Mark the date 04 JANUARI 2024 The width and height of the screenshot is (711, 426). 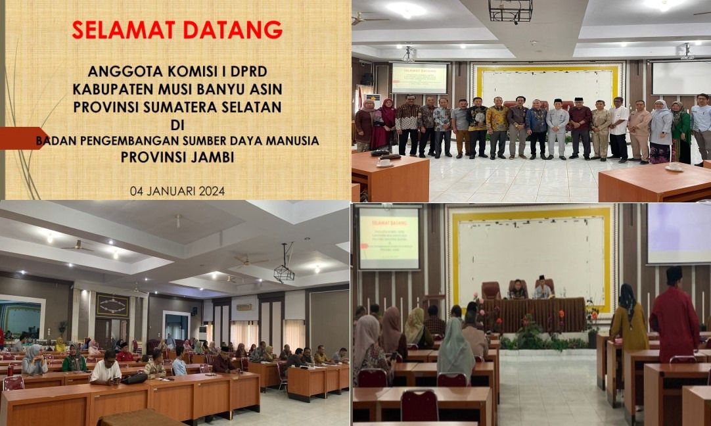tap(177, 191)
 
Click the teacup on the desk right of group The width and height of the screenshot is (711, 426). tap(674, 167)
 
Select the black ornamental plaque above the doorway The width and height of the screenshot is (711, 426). tap(112, 305)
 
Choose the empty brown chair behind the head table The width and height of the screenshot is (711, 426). tap(491, 290)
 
